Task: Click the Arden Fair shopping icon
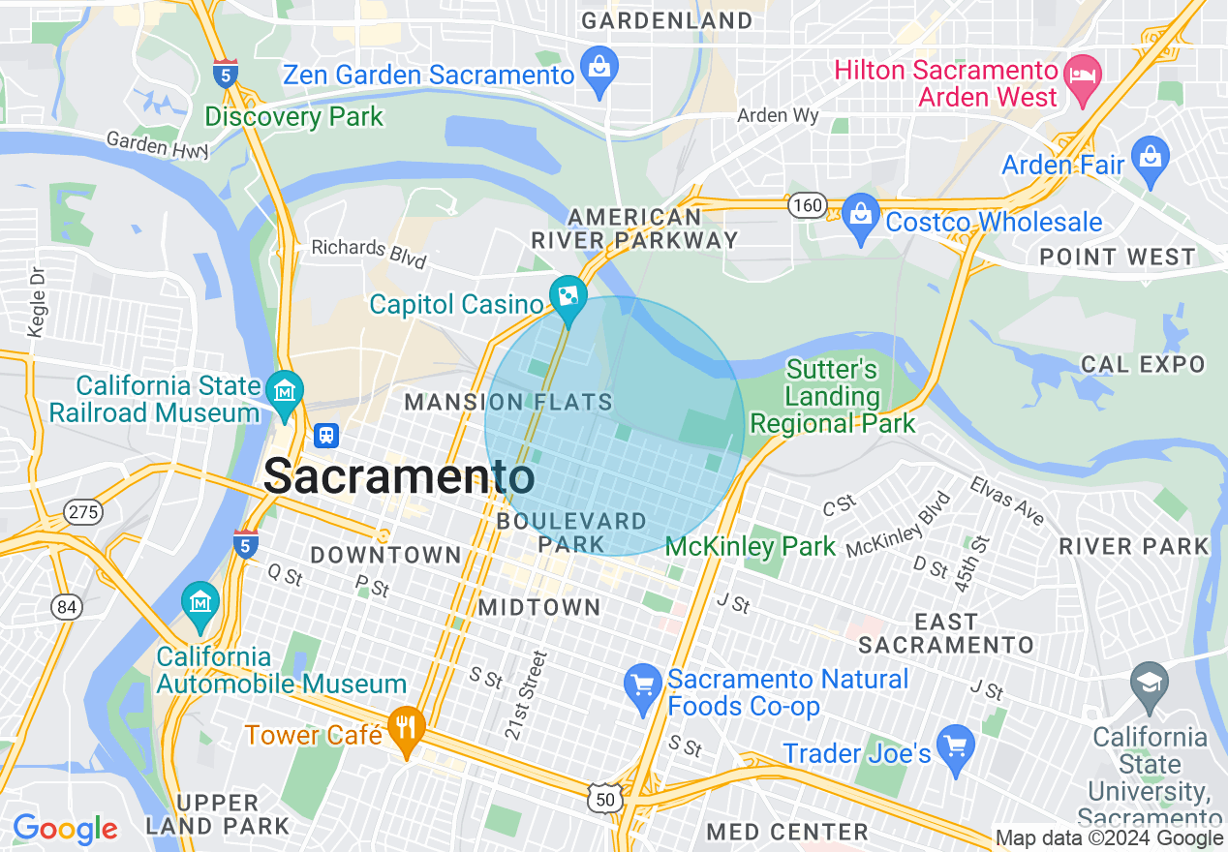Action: tap(1151, 159)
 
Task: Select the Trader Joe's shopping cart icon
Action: tap(957, 747)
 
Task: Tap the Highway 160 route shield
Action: tap(806, 205)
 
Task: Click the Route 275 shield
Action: tap(83, 511)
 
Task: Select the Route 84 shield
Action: tap(68, 607)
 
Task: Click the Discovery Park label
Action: tap(294, 117)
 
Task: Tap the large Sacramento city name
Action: tap(399, 476)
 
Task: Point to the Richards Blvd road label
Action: tap(368, 253)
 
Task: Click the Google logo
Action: tap(65, 829)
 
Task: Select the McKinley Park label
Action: tap(751, 547)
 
